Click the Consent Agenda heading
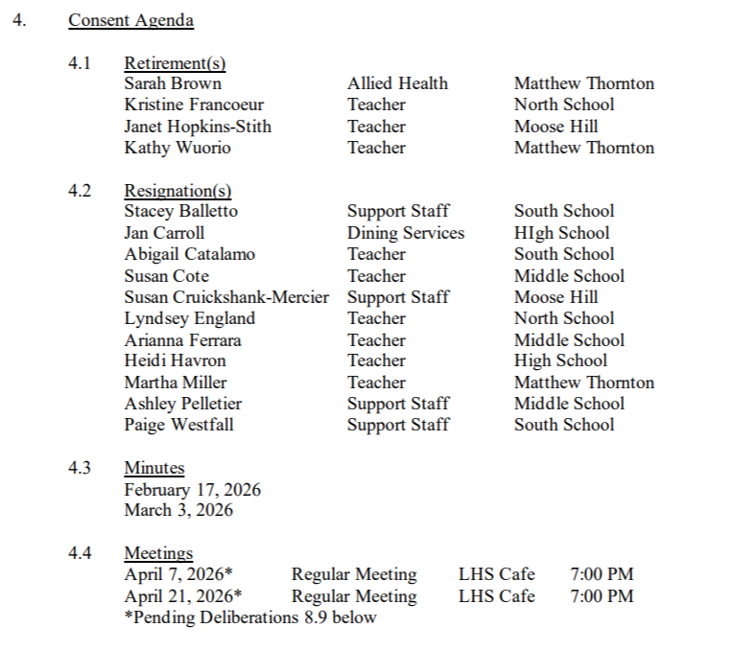pyautogui.click(x=130, y=20)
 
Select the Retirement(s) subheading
pyautogui.click(x=175, y=63)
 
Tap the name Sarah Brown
pyautogui.click(x=173, y=83)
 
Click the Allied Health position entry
pyautogui.click(x=397, y=83)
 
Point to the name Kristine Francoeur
pyautogui.click(x=194, y=105)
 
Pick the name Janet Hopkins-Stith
pyautogui.click(x=198, y=127)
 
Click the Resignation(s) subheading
pyautogui.click(x=177, y=191)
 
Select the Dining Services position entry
pyautogui.click(x=405, y=233)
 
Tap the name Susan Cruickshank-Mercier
pyautogui.click(x=226, y=297)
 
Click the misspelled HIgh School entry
pyautogui.click(x=561, y=233)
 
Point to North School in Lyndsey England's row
pyautogui.click(x=564, y=318)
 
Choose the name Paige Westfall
pyautogui.click(x=178, y=425)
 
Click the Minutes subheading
pyautogui.click(x=153, y=468)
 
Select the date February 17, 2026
pyautogui.click(x=192, y=490)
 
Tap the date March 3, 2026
pyautogui.click(x=178, y=510)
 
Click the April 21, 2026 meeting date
pyautogui.click(x=178, y=596)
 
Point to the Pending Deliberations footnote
pyautogui.click(x=250, y=617)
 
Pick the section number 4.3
pyautogui.click(x=80, y=468)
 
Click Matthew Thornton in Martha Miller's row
pyautogui.click(x=583, y=383)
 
